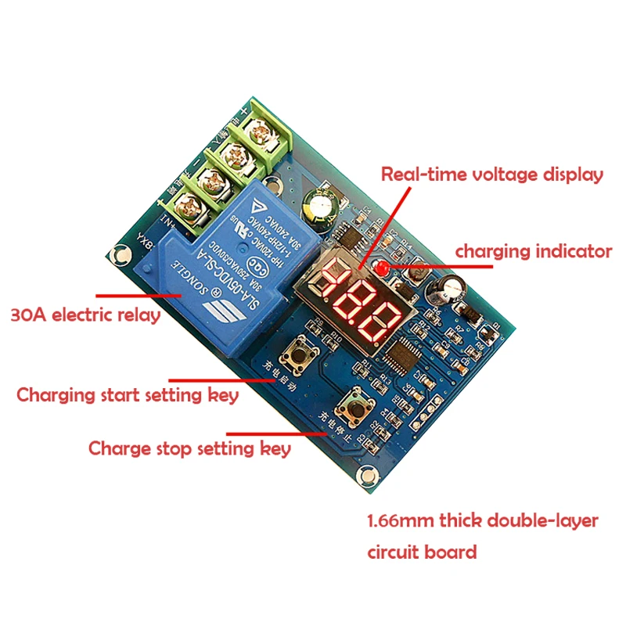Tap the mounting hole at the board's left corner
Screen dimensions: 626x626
tap(119, 254)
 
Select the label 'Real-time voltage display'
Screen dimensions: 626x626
tap(492, 174)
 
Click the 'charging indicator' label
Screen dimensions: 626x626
tap(534, 251)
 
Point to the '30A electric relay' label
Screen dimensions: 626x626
tap(85, 316)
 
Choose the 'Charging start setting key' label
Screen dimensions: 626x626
tap(128, 394)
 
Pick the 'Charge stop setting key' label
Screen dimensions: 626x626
tap(189, 448)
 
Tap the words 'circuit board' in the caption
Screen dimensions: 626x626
tap(422, 552)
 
